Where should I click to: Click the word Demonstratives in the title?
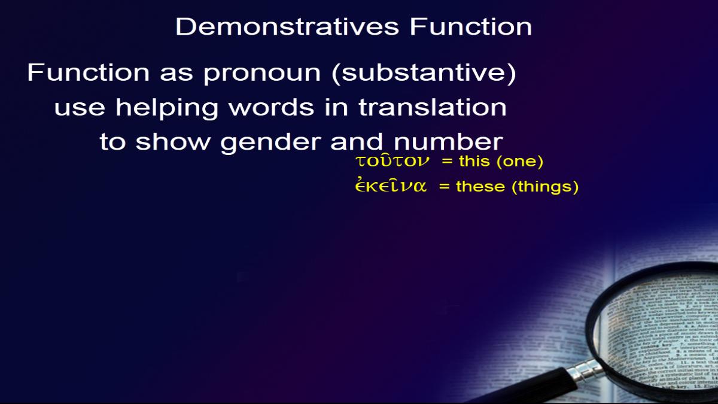click(287, 26)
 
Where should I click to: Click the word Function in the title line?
click(471, 26)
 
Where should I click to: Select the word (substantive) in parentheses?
click(424, 74)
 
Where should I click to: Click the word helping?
click(167, 108)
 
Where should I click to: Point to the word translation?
click(433, 107)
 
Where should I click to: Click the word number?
click(448, 141)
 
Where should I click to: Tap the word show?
click(173, 141)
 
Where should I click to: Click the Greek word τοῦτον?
click(392, 161)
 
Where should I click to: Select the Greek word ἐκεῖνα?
click(391, 186)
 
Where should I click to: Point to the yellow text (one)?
click(519, 161)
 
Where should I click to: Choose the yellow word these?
click(480, 186)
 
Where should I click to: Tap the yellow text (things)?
click(545, 187)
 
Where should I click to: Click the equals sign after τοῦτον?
click(447, 161)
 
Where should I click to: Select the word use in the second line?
click(80, 108)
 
